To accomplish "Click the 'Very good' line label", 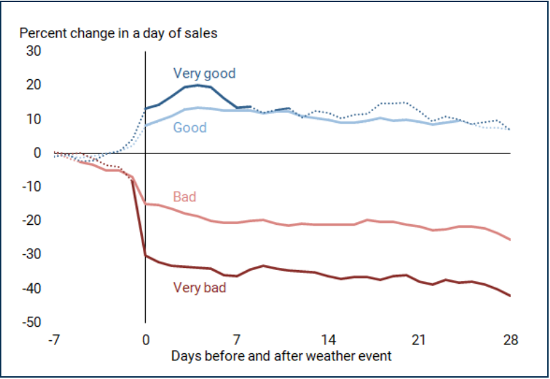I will click(204, 73).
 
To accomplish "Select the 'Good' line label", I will click(190, 128).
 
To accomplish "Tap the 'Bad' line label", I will click(184, 197).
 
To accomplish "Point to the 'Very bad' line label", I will click(200, 287).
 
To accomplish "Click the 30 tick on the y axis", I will click(34, 51).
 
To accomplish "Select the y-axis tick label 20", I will click(34, 85).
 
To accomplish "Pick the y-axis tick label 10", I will click(34, 119).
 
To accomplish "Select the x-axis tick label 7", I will click(237, 341).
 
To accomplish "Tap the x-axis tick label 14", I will click(328, 341).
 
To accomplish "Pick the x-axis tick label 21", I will click(419, 341).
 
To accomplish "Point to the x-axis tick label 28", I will click(510, 341).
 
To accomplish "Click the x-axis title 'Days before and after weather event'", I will click(282, 356).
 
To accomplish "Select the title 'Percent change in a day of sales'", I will click(118, 33).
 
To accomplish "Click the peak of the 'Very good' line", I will click(198, 85).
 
